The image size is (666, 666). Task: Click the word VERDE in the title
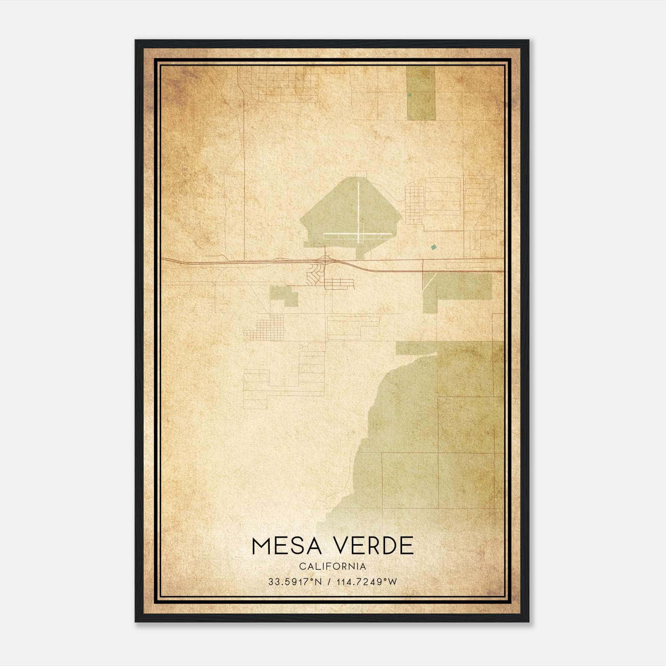[x=371, y=546]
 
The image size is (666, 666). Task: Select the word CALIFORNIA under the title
[x=333, y=567]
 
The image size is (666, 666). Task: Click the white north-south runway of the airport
[x=358, y=208]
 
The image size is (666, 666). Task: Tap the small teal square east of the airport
[x=434, y=247]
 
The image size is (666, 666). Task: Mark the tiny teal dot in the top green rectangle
[x=410, y=94]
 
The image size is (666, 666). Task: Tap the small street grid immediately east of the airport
[x=415, y=204]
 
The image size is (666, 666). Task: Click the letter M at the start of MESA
[x=262, y=546]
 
